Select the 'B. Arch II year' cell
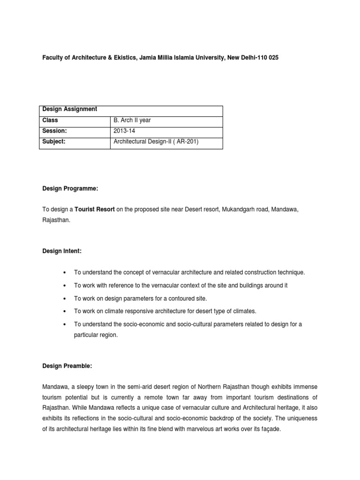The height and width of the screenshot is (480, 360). click(x=132, y=120)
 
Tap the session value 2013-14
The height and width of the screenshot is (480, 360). click(x=123, y=131)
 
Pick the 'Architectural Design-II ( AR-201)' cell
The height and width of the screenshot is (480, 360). click(x=156, y=141)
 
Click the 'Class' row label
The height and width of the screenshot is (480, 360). click(x=50, y=120)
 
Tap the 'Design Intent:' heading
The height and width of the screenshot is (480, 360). click(x=62, y=251)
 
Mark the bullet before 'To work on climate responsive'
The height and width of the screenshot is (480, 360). click(x=63, y=311)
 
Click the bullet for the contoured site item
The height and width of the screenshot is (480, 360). click(x=63, y=298)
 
